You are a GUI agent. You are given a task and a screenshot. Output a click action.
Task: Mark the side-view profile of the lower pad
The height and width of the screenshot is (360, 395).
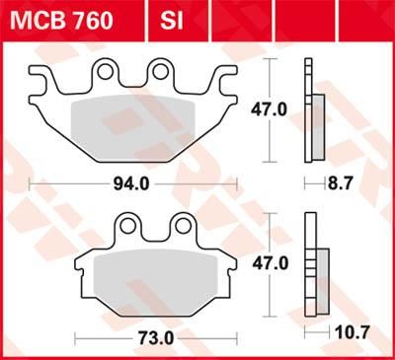[313, 265]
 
